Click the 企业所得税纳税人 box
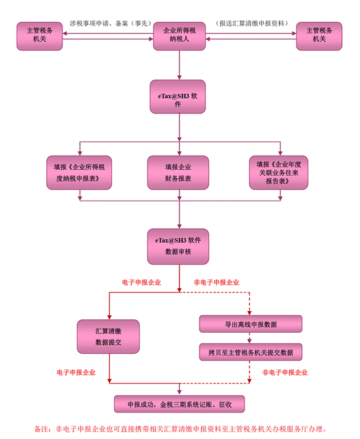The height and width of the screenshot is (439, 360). pyautogui.click(x=179, y=36)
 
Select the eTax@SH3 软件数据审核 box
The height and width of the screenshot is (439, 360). pyautogui.click(x=178, y=246)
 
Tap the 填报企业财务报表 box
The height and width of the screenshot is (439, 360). pyautogui.click(x=178, y=172)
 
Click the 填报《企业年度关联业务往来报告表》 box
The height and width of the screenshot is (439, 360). pyautogui.click(x=278, y=172)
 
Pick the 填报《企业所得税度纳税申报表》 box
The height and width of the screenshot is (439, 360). pyautogui.click(x=79, y=172)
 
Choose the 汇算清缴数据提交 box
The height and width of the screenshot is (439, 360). pyautogui.click(x=108, y=337)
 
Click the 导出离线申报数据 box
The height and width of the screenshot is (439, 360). pyautogui.click(x=251, y=324)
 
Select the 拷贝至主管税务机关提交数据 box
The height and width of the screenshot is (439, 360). pyautogui.click(x=251, y=352)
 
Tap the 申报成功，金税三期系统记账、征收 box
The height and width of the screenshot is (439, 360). pyautogui.click(x=179, y=404)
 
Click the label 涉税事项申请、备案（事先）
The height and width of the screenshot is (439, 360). pyautogui.click(x=111, y=23)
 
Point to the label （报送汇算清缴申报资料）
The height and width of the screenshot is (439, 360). pyautogui.click(x=252, y=23)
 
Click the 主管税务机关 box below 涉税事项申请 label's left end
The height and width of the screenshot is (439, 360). pyautogui.click(x=40, y=36)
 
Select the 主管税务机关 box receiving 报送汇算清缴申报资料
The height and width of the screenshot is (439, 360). pyautogui.click(x=319, y=36)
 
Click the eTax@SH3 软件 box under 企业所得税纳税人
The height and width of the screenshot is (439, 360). pyautogui.click(x=178, y=96)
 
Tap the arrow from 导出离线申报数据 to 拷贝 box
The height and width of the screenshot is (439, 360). pyautogui.click(x=249, y=338)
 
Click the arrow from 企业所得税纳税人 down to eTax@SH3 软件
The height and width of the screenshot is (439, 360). pyautogui.click(x=180, y=65)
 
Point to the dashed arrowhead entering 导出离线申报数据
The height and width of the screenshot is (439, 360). pyautogui.click(x=249, y=313)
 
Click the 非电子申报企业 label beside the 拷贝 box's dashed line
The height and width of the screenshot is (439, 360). pyautogui.click(x=285, y=372)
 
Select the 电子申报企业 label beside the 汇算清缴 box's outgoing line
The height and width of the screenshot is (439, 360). pyautogui.click(x=76, y=372)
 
